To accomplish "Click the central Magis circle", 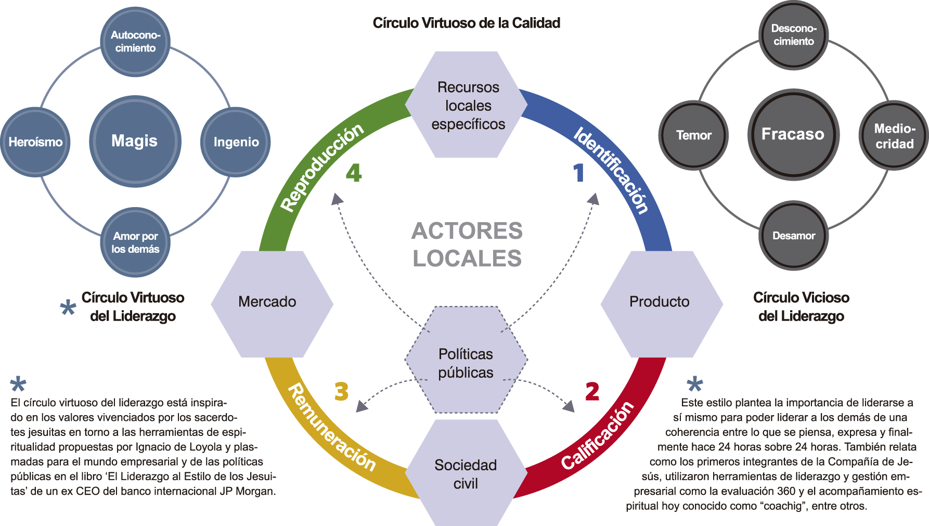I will [x=135, y=141].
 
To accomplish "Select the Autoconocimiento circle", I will [x=135, y=42].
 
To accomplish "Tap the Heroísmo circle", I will [x=35, y=142].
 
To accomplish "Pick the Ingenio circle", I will [x=236, y=142].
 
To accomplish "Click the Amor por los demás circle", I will [x=135, y=242].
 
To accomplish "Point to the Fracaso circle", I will [x=793, y=134].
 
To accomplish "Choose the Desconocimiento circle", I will [x=793, y=35].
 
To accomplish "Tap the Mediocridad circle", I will [x=894, y=135].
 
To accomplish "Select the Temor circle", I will [x=693, y=135].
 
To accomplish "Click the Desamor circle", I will [x=793, y=236].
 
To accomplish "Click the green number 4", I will [x=354, y=173].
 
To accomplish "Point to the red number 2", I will [x=592, y=391].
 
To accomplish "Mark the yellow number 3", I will [x=341, y=391].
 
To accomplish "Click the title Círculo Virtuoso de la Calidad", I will [x=466, y=23].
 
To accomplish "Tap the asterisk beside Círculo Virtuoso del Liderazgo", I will [x=68, y=308].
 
